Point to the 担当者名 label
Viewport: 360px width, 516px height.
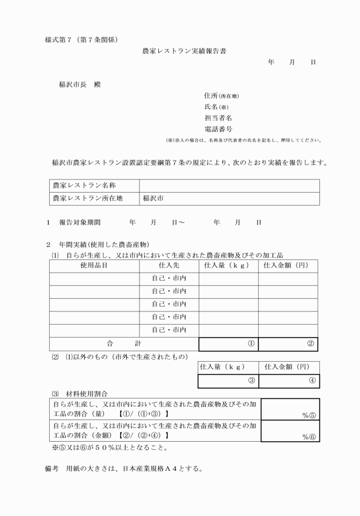(x=218, y=118)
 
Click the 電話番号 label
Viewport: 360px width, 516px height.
(x=218, y=129)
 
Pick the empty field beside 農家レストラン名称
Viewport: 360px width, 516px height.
(x=229, y=186)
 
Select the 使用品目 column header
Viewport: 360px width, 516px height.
(x=94, y=266)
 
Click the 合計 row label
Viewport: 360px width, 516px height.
(x=123, y=344)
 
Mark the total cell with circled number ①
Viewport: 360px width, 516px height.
(x=229, y=344)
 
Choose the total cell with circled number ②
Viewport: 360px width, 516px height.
(x=288, y=344)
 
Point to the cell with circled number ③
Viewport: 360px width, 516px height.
(x=229, y=381)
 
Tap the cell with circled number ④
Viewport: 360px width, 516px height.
(x=288, y=381)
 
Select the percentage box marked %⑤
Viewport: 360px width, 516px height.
(x=290, y=409)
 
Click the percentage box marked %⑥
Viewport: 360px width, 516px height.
(x=290, y=430)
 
